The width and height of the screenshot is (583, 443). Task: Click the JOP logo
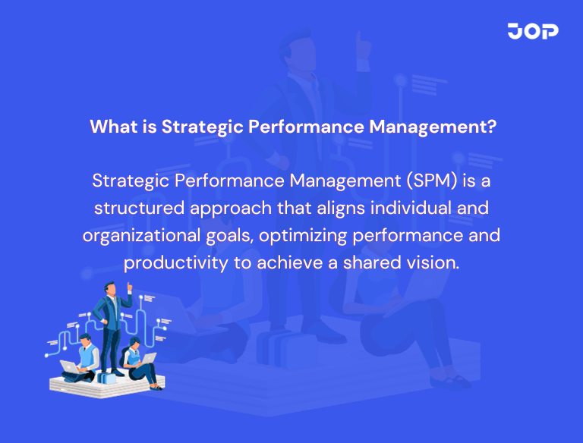click(x=533, y=31)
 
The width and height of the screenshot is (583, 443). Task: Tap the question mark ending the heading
click(x=491, y=126)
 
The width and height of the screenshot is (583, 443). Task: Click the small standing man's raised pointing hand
click(x=130, y=286)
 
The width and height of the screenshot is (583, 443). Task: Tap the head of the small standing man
click(x=110, y=288)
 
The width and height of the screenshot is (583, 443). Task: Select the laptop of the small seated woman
click(x=148, y=359)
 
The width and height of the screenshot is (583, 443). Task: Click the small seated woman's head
click(x=135, y=342)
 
